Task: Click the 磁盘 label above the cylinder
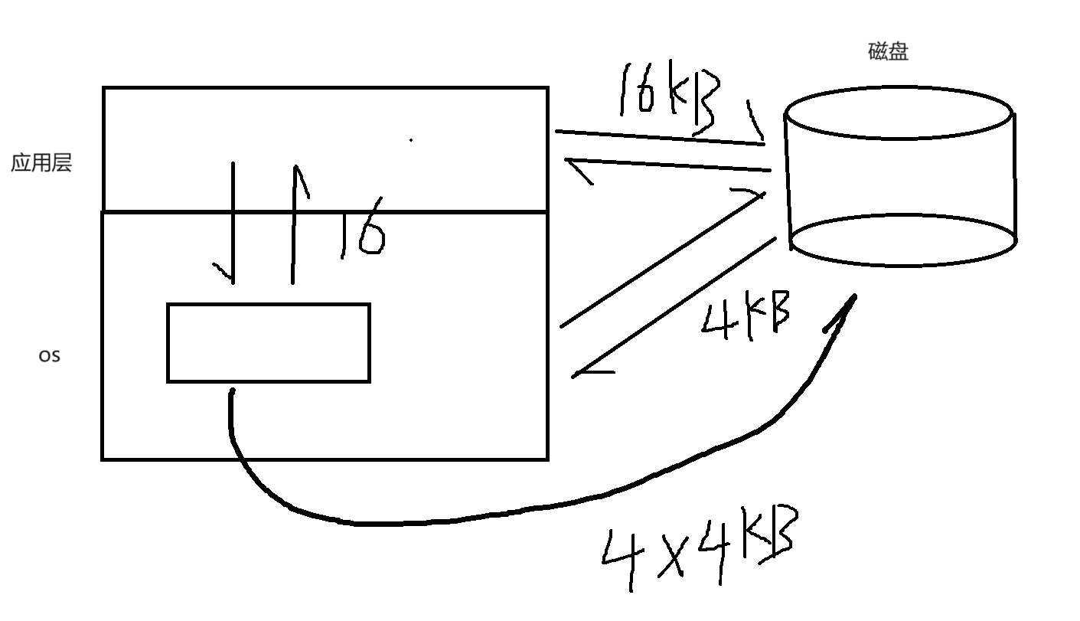pos(888,51)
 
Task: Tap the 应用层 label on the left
pos(41,163)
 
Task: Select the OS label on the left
pos(49,356)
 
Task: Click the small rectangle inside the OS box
pos(269,342)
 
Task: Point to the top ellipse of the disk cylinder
pos(900,115)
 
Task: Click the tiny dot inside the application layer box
pos(412,140)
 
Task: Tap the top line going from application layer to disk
pos(658,137)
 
